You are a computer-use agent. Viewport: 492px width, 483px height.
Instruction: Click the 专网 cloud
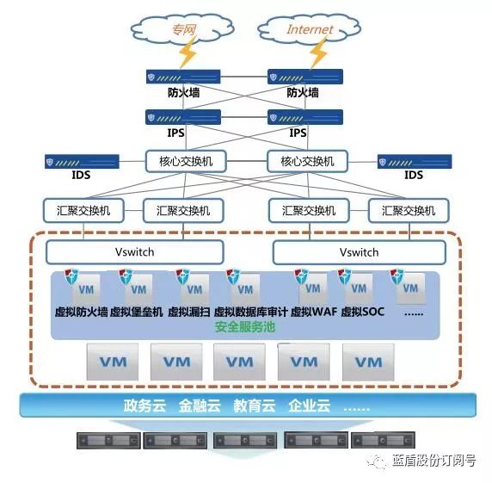coord(182,29)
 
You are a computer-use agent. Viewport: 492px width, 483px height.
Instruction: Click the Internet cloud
coord(309,29)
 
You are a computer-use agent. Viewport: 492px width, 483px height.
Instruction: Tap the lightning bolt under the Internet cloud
coord(319,53)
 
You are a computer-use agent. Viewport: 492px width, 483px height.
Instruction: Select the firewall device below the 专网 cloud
coord(183,77)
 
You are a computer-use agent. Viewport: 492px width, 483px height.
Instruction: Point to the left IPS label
coord(175,133)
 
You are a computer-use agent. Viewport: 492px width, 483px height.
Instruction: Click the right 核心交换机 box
coord(307,161)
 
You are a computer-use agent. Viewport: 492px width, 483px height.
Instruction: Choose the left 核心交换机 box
coord(186,161)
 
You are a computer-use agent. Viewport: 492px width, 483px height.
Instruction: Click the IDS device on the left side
coord(82,161)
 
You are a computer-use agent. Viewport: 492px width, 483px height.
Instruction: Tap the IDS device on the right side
coord(415,161)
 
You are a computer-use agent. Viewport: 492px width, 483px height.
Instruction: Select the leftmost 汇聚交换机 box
coord(83,210)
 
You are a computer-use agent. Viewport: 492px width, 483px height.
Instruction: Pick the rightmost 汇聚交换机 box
coord(409,210)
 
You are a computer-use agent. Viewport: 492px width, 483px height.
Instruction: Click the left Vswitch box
coord(134,252)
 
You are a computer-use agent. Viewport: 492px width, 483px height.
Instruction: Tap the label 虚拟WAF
coord(314,312)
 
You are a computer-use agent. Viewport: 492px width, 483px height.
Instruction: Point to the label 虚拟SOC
coord(363,312)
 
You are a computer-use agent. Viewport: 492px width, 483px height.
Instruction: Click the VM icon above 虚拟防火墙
coord(84,288)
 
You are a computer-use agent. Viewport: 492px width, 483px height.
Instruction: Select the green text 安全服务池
coord(245,327)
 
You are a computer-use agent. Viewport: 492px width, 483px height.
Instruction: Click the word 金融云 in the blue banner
coord(200,406)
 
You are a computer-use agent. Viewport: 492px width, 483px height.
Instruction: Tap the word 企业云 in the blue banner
coord(310,406)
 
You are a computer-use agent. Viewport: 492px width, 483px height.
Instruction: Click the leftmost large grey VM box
coord(113,362)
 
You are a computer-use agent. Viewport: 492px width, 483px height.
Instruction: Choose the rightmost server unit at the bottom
coord(383,440)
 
